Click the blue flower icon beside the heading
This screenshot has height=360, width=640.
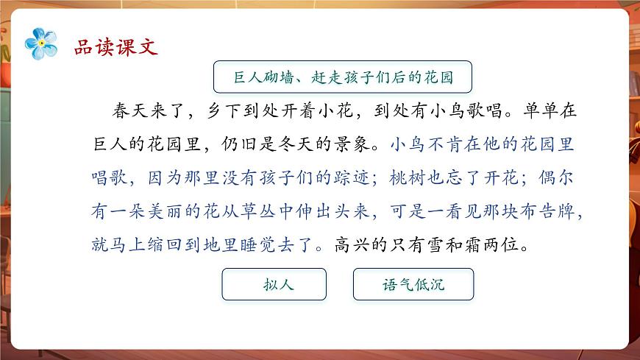41,43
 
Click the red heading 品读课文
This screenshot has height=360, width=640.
116,48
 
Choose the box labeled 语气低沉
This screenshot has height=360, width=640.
413,284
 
